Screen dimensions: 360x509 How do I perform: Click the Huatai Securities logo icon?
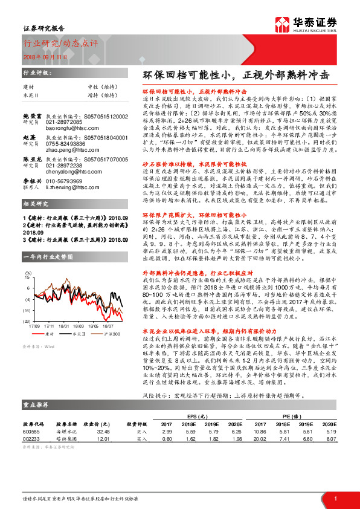[x=282, y=25]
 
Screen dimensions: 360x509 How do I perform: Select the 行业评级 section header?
[x=35, y=73]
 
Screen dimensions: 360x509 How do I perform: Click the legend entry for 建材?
[x=49, y=333]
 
